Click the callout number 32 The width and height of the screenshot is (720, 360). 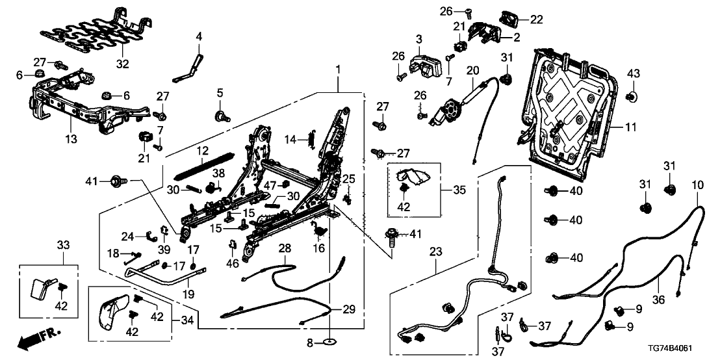coord(122,64)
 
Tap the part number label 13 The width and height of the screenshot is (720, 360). coord(71,138)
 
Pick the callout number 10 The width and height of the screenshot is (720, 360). coord(697,186)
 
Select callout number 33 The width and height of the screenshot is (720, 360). coord(62,245)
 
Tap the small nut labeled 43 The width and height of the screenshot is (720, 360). coord(630,97)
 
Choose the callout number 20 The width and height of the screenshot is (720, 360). coord(472,70)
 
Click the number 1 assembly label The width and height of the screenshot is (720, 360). coord(337,69)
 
